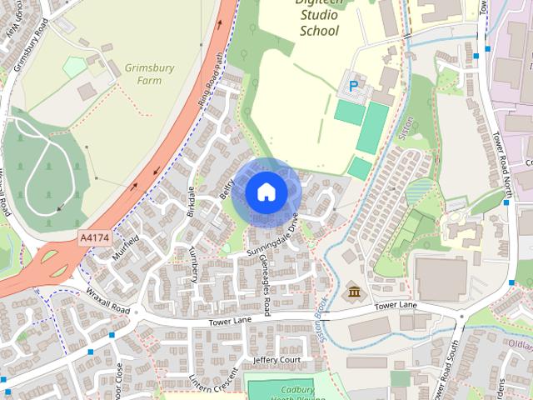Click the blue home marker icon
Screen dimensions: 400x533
click(x=265, y=192)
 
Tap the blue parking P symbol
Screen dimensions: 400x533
click(x=354, y=85)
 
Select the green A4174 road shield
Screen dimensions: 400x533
click(x=93, y=238)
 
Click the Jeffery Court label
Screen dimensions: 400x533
click(x=276, y=360)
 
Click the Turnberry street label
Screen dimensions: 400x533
click(x=194, y=264)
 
